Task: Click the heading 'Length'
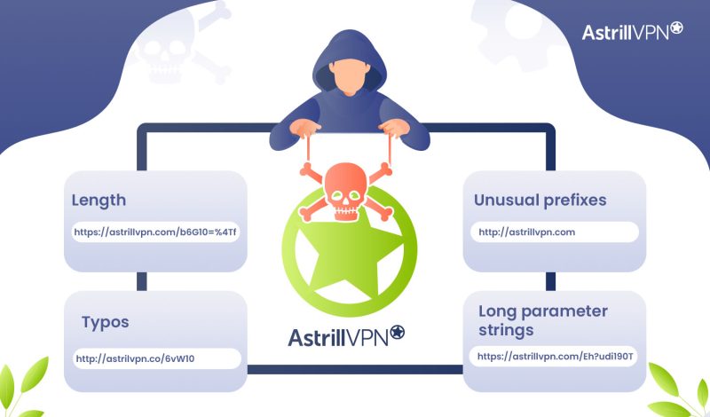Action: [x=100, y=201]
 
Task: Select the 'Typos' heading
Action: [x=105, y=320]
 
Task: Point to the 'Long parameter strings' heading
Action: [x=542, y=320]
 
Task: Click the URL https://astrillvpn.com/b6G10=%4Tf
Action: [x=156, y=232]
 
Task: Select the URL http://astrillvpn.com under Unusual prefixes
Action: [x=527, y=232]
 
